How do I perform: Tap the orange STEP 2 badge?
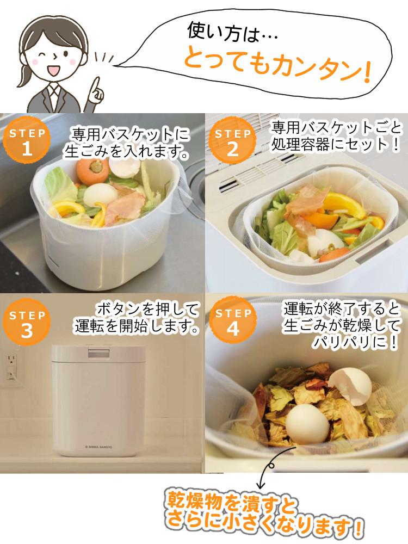click(233, 143)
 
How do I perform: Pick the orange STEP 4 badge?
click(233, 324)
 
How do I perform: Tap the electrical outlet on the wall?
click(10, 361)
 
